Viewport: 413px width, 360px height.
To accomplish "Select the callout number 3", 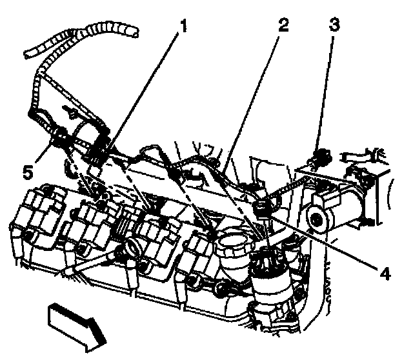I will coord(333,27).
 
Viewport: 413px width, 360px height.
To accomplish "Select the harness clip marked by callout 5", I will coord(60,136).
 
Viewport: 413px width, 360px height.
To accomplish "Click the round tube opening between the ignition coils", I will coord(134,246).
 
